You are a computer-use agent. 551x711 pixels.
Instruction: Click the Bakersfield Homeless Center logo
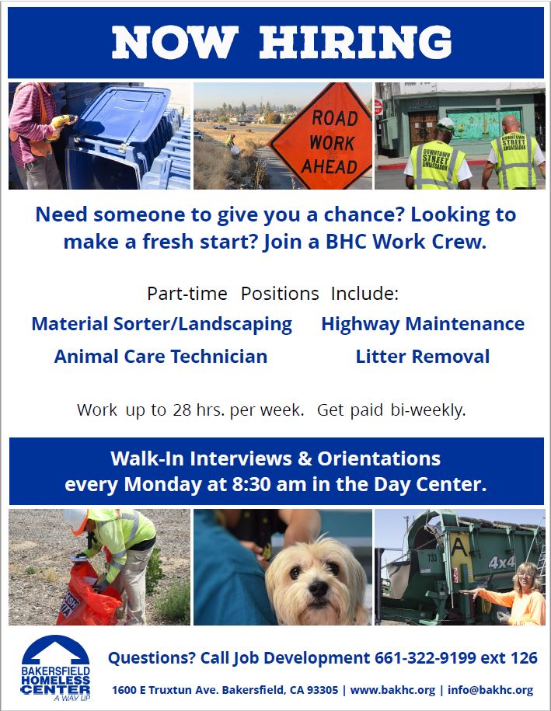tap(55, 669)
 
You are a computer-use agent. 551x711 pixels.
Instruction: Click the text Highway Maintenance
tap(423, 324)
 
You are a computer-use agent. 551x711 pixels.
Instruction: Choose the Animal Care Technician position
tap(161, 357)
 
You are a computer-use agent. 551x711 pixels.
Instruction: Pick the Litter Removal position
tap(423, 357)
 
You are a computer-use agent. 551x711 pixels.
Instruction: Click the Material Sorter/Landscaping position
tap(162, 324)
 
